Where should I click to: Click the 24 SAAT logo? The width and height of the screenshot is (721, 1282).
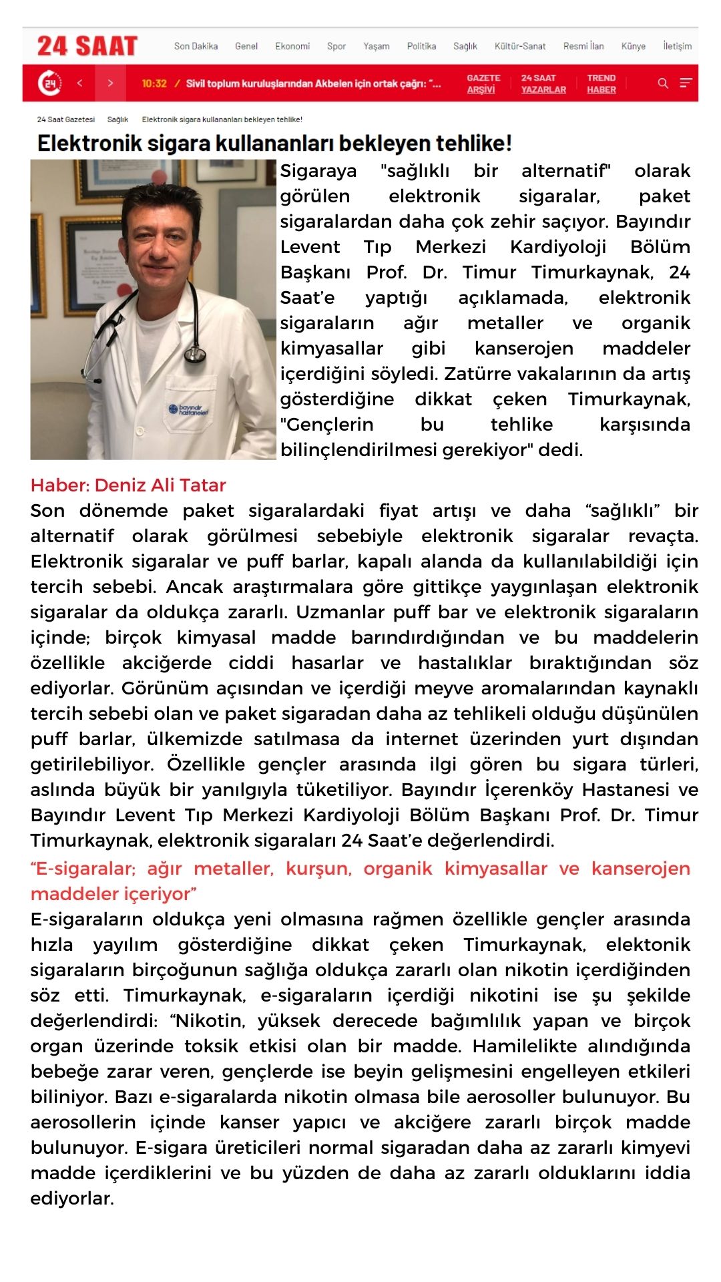[x=87, y=46]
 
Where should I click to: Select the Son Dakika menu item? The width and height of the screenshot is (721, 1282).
[x=196, y=46]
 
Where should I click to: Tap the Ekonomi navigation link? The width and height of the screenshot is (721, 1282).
[x=292, y=46]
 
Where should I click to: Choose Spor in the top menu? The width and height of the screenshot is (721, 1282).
[x=336, y=46]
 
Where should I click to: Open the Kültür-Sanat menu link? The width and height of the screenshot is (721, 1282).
[x=519, y=46]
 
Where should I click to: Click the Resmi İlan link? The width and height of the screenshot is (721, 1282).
[x=583, y=46]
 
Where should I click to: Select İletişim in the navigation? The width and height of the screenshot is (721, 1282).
[x=677, y=46]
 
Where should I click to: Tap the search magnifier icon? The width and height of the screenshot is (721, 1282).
[x=663, y=83]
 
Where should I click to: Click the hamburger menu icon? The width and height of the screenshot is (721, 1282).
[x=686, y=83]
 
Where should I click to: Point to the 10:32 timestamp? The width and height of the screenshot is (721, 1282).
[x=154, y=83]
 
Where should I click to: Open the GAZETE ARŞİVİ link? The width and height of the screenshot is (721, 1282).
[x=483, y=83]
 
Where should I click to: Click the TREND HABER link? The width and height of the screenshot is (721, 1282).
[x=601, y=83]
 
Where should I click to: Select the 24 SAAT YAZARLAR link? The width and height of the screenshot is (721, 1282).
[x=543, y=83]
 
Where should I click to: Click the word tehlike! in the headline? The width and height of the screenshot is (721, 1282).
[x=473, y=143]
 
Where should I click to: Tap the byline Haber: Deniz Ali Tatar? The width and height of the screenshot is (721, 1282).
[x=128, y=485]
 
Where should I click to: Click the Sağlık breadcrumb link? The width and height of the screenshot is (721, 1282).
[x=117, y=120]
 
